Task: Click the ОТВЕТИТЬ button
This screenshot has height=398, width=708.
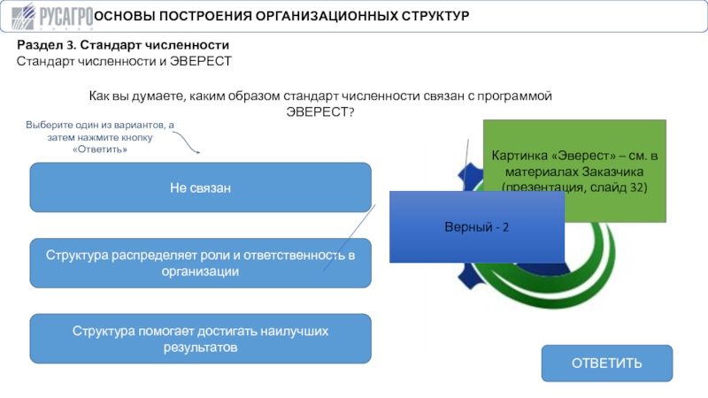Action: coord(607,364)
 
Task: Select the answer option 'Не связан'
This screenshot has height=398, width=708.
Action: coord(201,188)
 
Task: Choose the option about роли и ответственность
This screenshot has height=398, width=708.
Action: coord(201,263)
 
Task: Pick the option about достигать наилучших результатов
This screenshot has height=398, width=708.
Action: coord(201,339)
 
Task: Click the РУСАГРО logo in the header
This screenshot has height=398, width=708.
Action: coord(52,17)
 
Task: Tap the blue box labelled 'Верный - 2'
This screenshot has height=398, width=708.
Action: coord(477,226)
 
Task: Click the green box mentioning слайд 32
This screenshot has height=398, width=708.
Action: coord(574,171)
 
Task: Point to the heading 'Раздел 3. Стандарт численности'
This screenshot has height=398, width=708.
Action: coord(123,45)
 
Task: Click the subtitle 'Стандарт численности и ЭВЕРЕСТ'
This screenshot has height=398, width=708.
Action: coord(124,61)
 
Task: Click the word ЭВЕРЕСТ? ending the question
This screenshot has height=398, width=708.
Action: coord(320,112)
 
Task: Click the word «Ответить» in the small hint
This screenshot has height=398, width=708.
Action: coord(100,149)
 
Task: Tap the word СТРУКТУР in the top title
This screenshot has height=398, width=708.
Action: coord(435,16)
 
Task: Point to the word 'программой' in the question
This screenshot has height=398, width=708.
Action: coord(514,96)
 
